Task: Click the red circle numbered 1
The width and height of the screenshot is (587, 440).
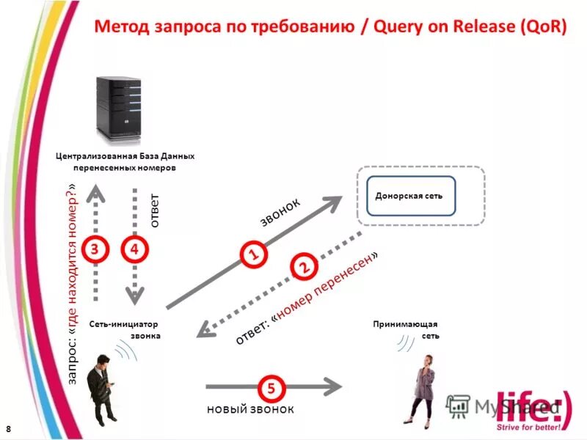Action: tap(252, 254)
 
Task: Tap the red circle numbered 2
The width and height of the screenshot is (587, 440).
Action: tap(302, 267)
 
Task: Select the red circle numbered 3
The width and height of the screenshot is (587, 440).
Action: tap(95, 249)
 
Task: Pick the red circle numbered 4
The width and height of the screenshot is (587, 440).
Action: tap(134, 249)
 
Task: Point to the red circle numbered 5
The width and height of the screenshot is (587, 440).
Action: tap(271, 386)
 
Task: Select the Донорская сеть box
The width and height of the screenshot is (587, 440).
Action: tap(410, 196)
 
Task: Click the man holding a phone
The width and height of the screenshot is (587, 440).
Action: tap(102, 388)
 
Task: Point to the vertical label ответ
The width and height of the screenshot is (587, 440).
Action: tap(154, 211)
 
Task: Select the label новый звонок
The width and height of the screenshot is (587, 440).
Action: tap(249, 409)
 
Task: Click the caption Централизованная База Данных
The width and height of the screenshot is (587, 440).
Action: tap(125, 156)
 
